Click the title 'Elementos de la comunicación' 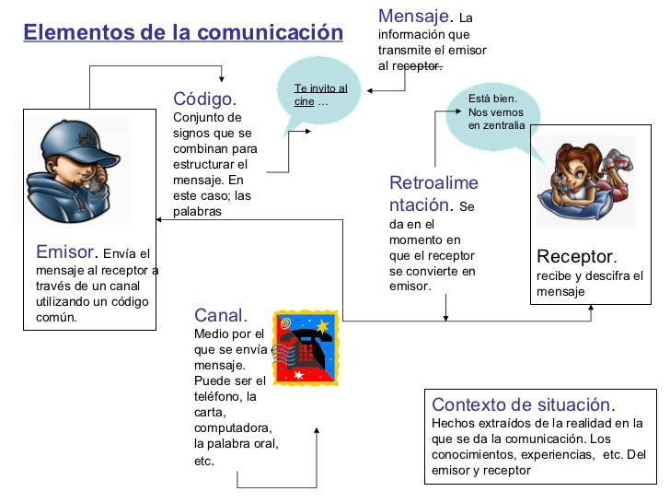click(x=182, y=33)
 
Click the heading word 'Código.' click(x=204, y=99)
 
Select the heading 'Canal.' click(x=221, y=316)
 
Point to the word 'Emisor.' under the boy click(x=65, y=251)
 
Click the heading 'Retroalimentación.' click(x=433, y=193)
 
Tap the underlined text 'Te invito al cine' click(x=318, y=95)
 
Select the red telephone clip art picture click(x=306, y=348)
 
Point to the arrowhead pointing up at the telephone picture click(x=317, y=430)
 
